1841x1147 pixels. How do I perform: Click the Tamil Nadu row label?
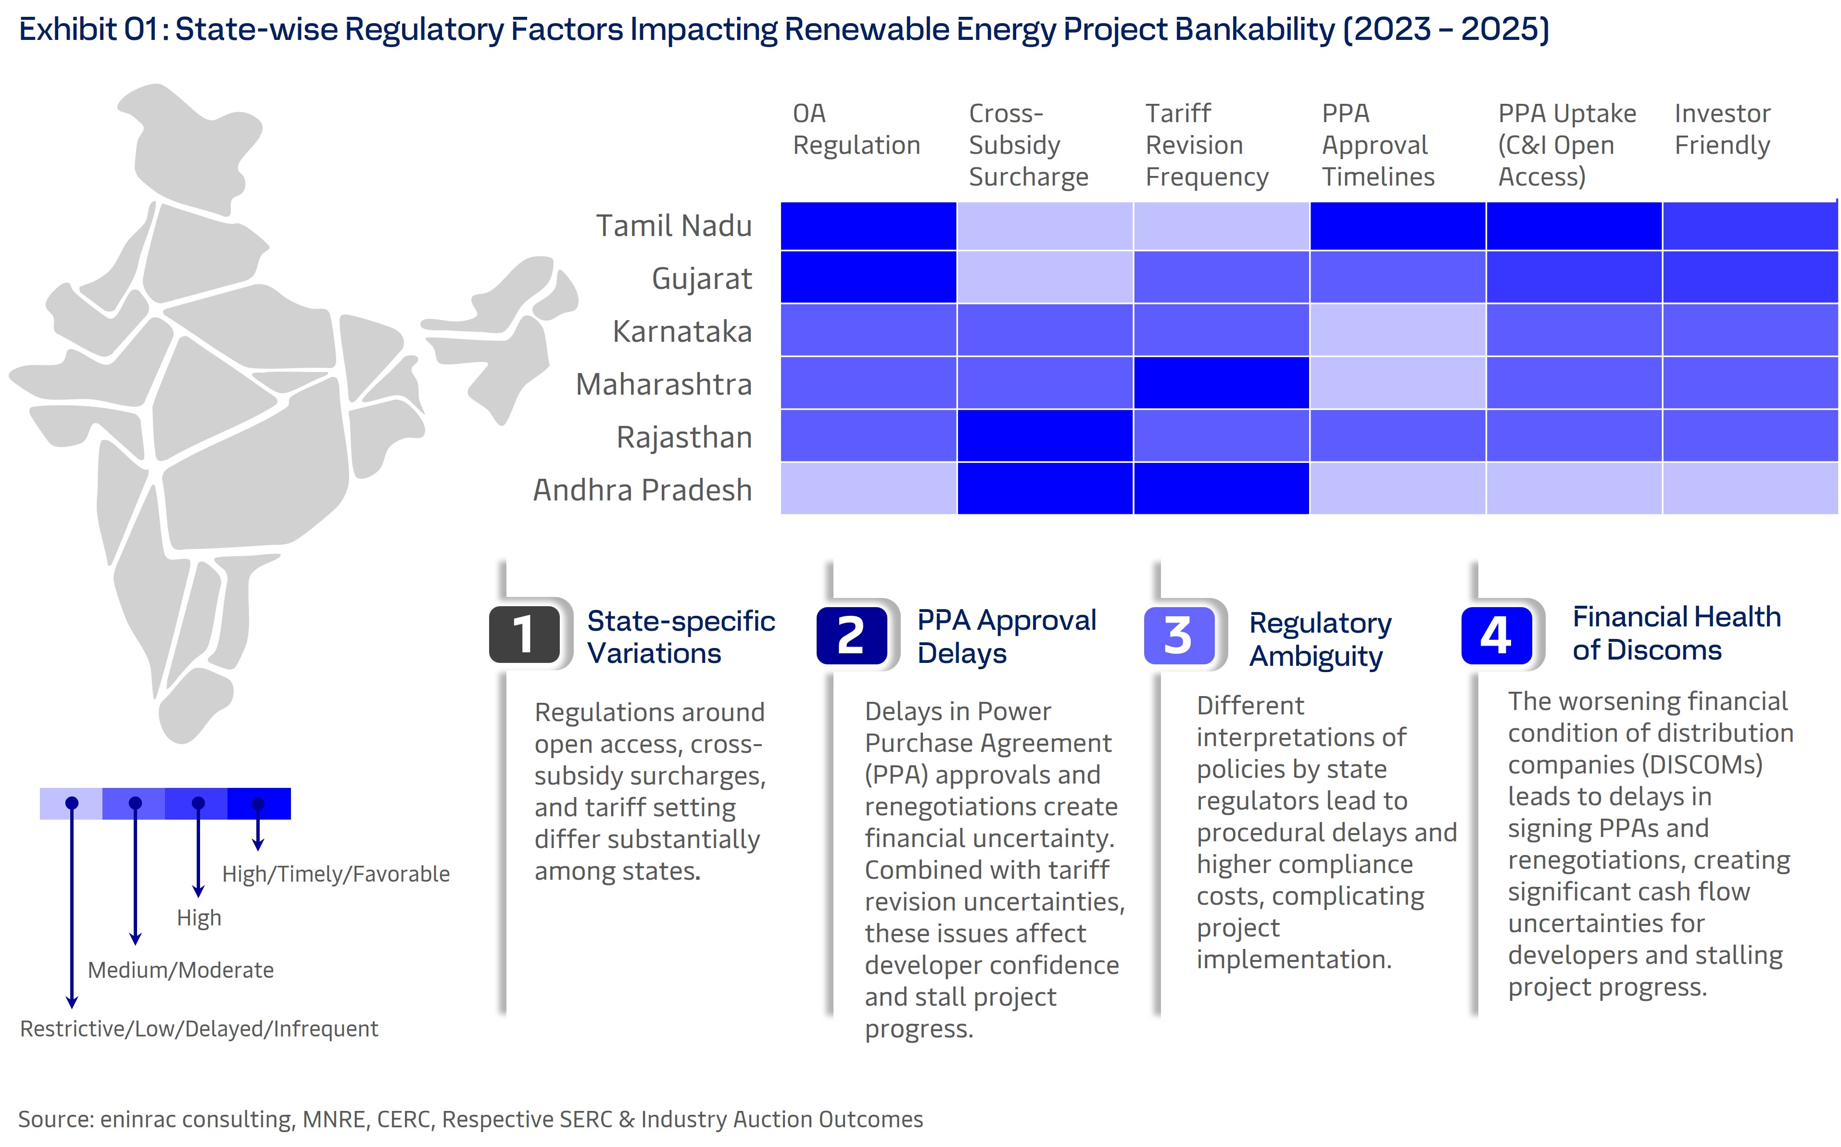(x=673, y=226)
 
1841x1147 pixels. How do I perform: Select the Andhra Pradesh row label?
(x=642, y=490)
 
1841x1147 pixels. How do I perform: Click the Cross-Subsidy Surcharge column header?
(x=1028, y=145)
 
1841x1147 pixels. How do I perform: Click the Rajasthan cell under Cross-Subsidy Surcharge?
(x=1044, y=436)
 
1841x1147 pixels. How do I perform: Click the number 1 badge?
(x=524, y=635)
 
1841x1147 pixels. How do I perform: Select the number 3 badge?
(x=1178, y=636)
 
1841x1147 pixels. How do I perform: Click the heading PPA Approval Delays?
(x=1006, y=636)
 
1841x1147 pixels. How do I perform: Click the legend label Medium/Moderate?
(x=181, y=970)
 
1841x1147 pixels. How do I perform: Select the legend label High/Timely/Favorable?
(x=335, y=874)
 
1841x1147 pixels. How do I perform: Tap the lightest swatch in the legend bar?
(x=71, y=803)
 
